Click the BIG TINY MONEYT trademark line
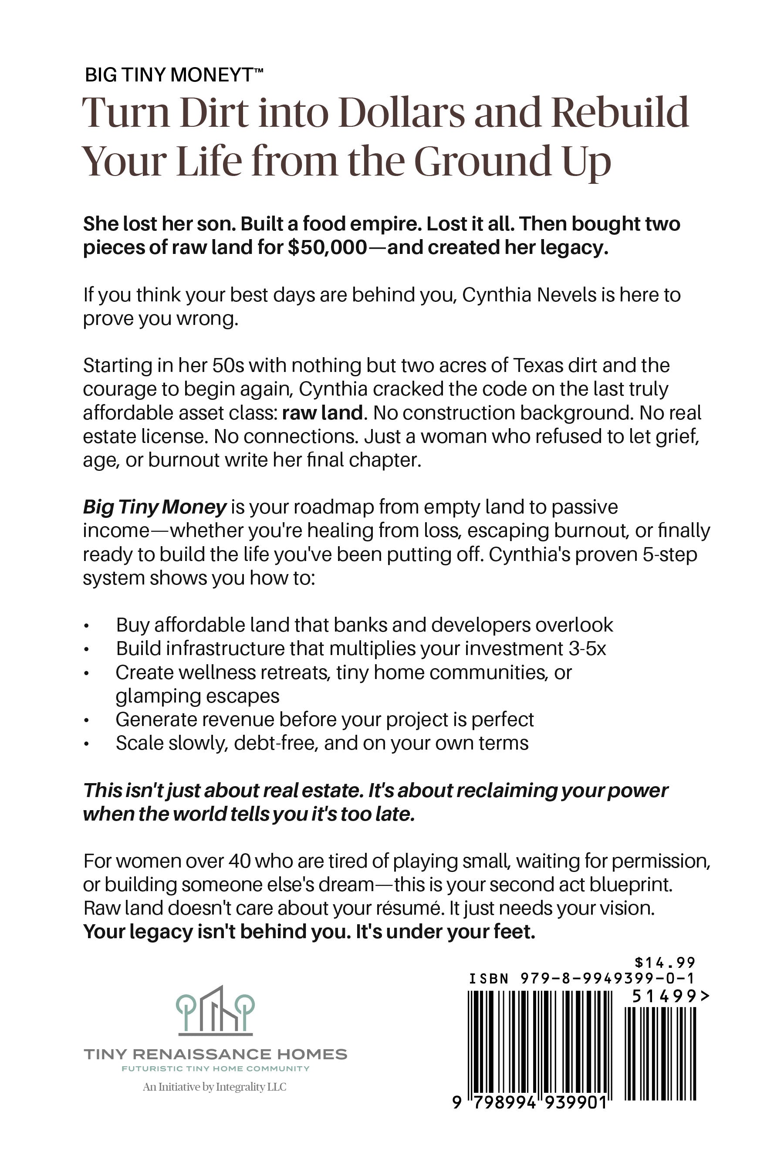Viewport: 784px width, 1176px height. (x=173, y=74)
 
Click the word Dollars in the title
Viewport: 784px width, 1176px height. (x=402, y=113)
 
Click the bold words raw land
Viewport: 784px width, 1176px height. (x=322, y=413)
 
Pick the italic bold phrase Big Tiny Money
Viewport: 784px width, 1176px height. (x=155, y=507)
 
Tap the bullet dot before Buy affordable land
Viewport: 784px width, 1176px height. (x=87, y=625)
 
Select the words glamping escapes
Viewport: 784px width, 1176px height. (x=197, y=696)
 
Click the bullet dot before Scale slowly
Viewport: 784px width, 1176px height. (x=87, y=744)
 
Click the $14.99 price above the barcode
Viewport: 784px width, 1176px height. (x=665, y=963)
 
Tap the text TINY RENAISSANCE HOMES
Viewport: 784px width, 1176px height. (x=215, y=1055)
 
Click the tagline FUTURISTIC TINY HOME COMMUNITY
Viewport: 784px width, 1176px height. (x=215, y=1069)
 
